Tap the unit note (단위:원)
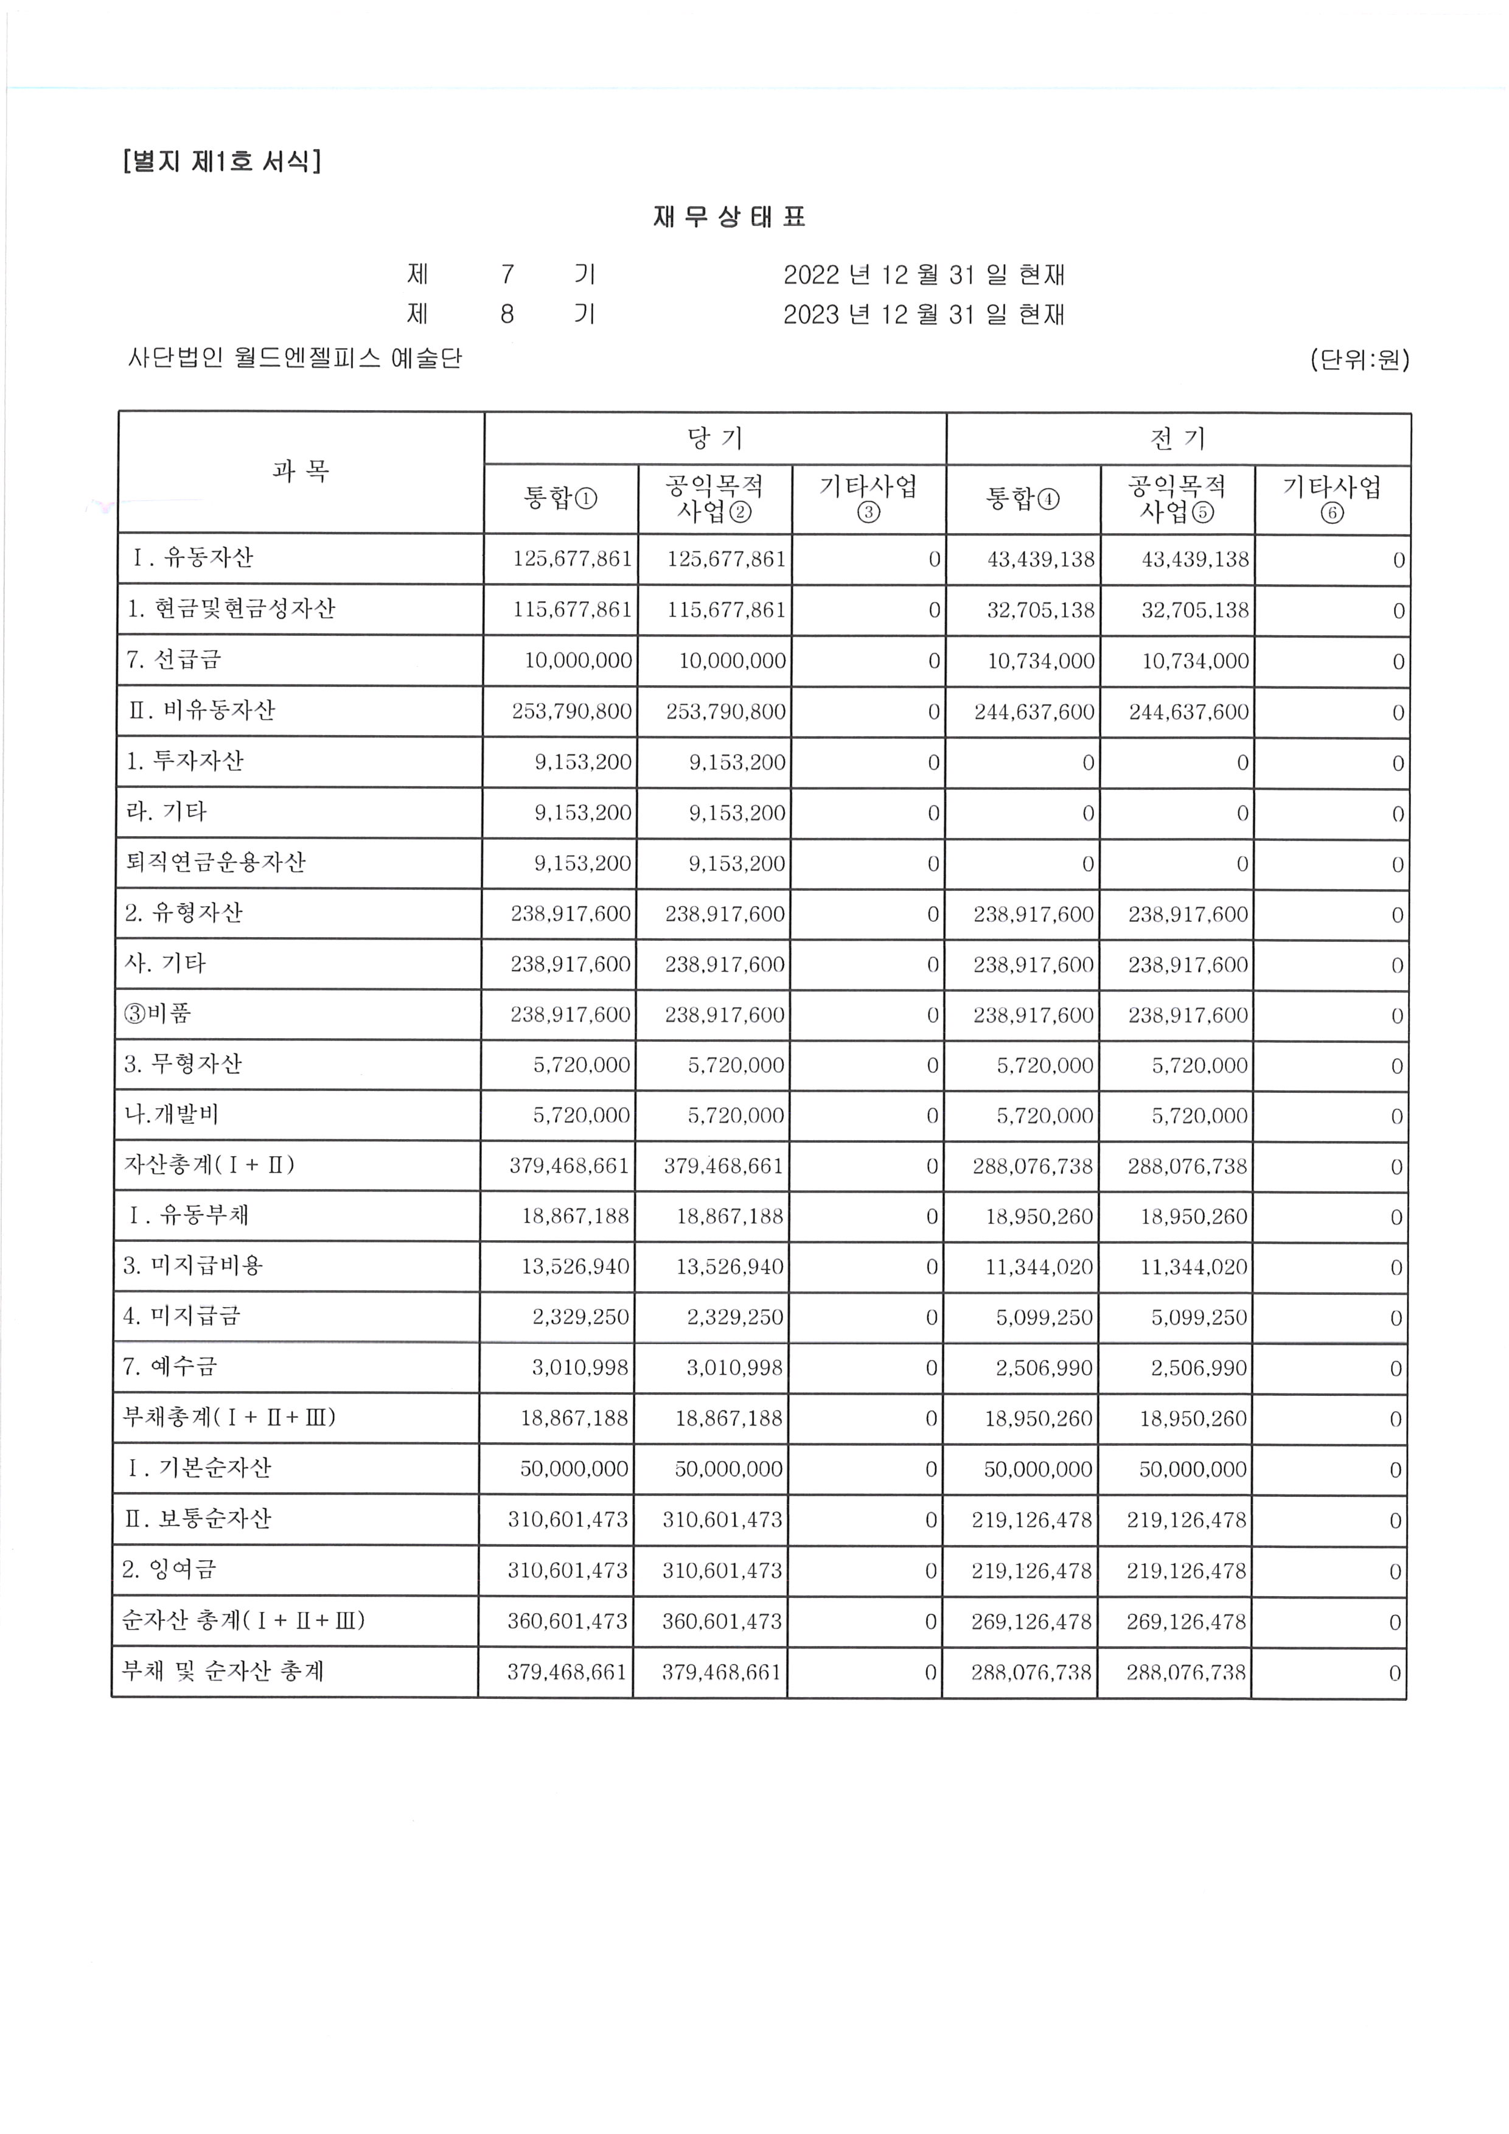(1359, 359)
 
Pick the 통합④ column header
(1022, 499)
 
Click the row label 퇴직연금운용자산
(215, 862)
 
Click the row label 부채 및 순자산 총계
(223, 1671)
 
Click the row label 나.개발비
(172, 1114)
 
